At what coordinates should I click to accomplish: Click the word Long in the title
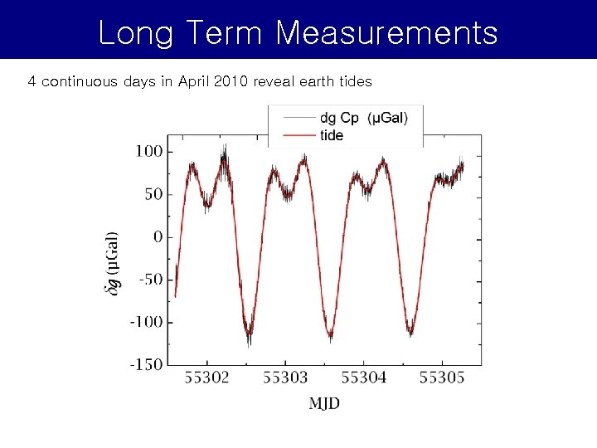tap(135, 33)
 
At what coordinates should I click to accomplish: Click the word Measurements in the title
tap(386, 33)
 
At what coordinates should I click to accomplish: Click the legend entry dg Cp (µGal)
tap(363, 119)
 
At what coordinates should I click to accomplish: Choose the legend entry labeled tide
tap(331, 135)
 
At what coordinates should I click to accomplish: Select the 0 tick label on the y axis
tap(157, 237)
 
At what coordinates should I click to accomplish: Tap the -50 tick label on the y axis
tap(149, 280)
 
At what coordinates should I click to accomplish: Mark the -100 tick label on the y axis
tap(145, 322)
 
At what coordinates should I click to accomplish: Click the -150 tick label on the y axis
tap(145, 364)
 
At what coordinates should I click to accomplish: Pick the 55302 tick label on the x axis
tap(206, 378)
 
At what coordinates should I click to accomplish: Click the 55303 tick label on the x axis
tap(285, 378)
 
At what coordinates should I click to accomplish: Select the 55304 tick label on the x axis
tap(363, 378)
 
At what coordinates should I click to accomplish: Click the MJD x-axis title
tap(324, 403)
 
